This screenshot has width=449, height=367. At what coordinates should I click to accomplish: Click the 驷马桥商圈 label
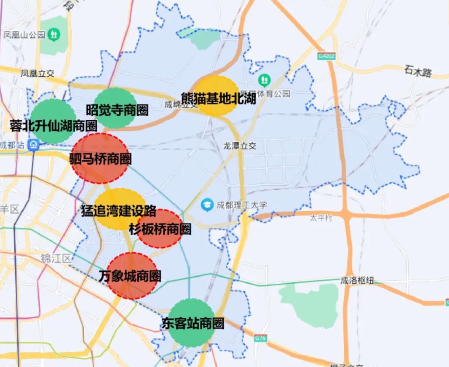pos(100,159)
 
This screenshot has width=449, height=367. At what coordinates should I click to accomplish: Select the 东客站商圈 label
pos(192,323)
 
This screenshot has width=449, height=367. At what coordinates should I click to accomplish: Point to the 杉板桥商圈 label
pos(160,229)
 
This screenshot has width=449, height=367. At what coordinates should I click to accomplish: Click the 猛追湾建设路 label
pos(119,211)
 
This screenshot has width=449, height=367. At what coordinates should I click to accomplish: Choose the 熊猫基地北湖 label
pos(219,98)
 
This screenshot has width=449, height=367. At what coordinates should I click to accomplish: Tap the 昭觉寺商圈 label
pos(117,110)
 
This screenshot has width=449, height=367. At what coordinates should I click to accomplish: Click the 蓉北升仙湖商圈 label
pos(53,125)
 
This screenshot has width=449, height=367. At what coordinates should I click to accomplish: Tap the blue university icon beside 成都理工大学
pos(207,205)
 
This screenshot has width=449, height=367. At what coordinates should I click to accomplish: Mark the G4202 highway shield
pos(327,56)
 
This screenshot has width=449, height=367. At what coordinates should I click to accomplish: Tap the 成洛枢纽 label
pos(356,281)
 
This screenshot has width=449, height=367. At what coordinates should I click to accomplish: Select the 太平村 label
pos(321,218)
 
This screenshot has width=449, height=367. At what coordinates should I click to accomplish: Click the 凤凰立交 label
pos(37,73)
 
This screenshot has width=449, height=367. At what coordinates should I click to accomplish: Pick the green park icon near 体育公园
pos(264,79)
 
